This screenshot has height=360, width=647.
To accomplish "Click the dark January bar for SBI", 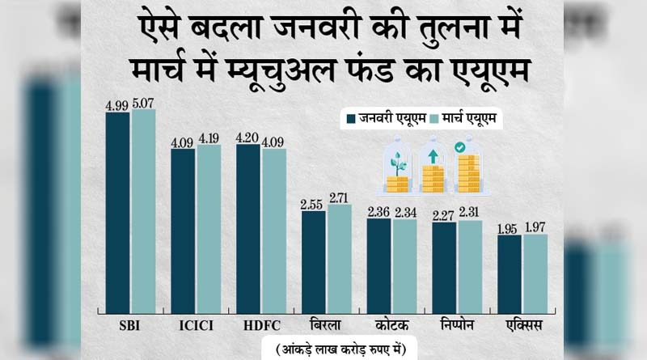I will [x=117, y=212].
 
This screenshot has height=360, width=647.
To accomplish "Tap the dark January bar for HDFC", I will [x=248, y=228].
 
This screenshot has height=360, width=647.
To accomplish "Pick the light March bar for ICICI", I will [x=209, y=228].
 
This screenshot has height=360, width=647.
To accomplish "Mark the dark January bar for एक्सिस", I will [x=510, y=273].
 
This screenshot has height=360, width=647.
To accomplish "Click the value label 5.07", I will [x=144, y=104].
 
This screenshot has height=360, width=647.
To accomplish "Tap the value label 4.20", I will [x=247, y=138].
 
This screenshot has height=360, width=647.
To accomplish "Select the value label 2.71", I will [x=340, y=197].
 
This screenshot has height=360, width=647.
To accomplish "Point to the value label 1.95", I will [x=509, y=228].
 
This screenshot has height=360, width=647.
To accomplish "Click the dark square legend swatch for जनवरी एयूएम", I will [x=351, y=119].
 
